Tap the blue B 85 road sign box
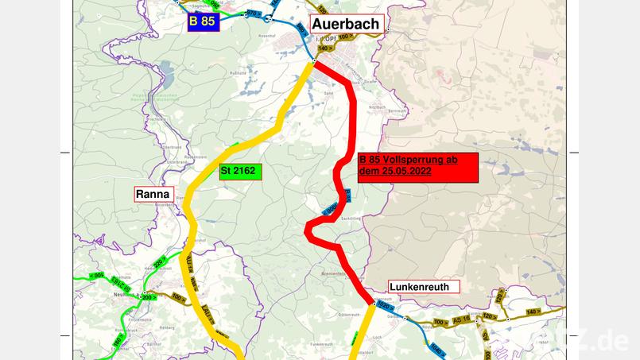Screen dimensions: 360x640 click(x=202, y=21)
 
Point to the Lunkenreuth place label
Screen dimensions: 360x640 click(x=419, y=286)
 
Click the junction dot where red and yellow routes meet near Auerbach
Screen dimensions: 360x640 click(x=315, y=61)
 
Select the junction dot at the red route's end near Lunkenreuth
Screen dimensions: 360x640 click(x=373, y=304)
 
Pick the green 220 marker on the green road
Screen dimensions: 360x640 click(x=159, y=261)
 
